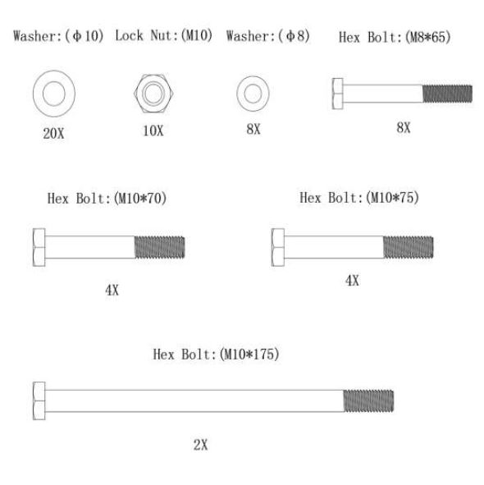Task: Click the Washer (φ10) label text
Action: tap(58, 36)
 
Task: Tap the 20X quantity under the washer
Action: tap(53, 134)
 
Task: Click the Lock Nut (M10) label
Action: tap(164, 35)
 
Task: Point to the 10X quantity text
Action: tap(153, 130)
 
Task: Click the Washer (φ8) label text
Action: tap(267, 36)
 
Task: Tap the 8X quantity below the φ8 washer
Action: tap(253, 129)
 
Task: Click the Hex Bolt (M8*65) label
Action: tap(395, 37)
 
